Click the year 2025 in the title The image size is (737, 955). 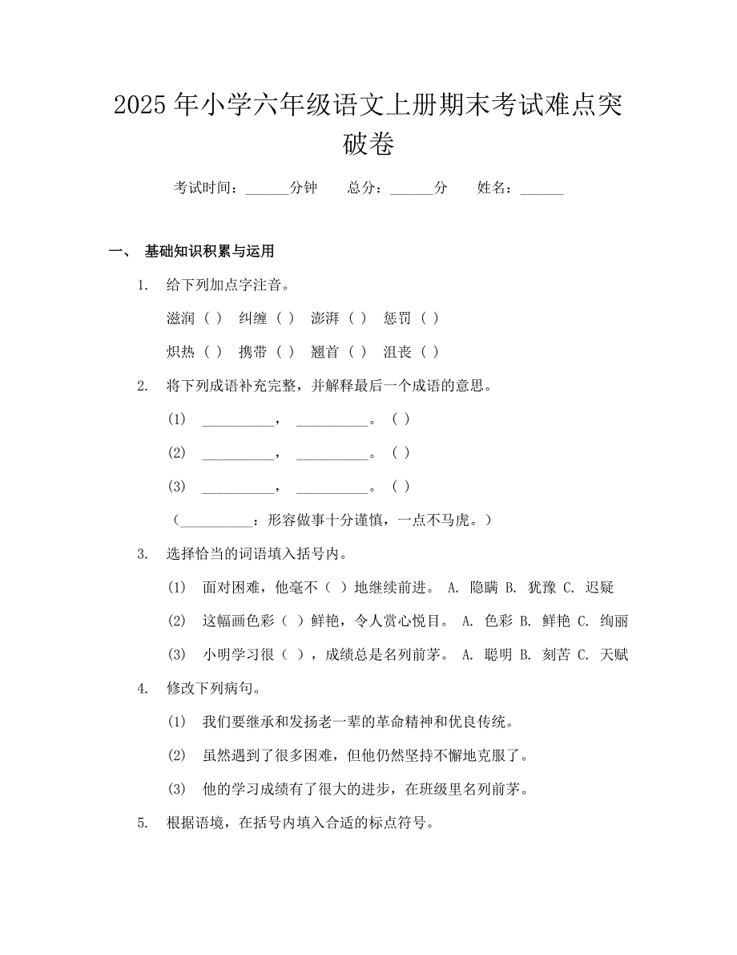(141, 105)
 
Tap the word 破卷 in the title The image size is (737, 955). (368, 145)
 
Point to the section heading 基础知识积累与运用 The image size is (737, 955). (210, 252)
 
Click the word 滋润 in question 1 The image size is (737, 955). (180, 318)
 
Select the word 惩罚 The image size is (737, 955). (397, 318)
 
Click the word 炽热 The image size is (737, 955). (180, 352)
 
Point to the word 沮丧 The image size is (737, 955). (397, 352)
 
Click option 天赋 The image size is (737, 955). (614, 655)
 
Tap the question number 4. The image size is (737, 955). (142, 689)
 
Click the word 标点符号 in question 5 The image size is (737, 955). (405, 823)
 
